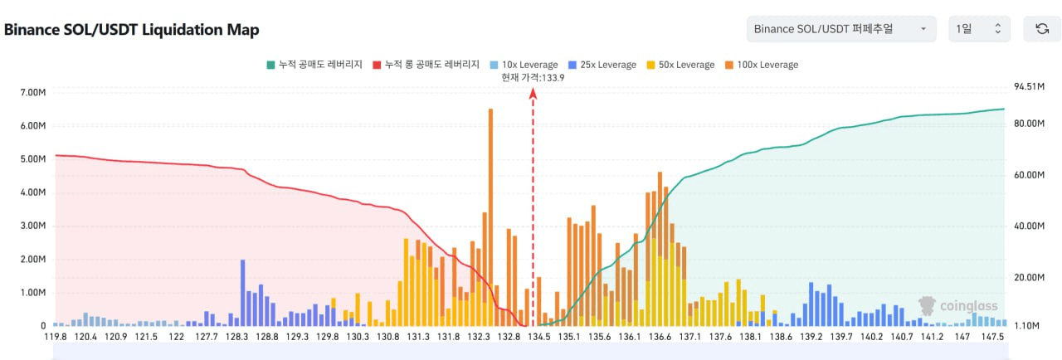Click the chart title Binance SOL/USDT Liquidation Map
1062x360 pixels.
(132, 30)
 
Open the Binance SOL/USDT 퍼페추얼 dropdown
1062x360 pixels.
(840, 29)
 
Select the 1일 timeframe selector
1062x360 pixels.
(979, 29)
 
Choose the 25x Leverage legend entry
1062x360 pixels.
(602, 65)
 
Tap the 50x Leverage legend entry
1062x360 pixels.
(680, 65)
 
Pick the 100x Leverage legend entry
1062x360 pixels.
(761, 65)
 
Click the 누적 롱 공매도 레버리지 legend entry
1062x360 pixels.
(426, 65)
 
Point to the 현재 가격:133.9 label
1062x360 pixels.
(533, 77)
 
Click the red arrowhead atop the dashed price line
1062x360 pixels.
(533, 93)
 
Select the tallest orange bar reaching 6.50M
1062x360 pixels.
(490, 216)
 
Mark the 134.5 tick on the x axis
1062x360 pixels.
(538, 338)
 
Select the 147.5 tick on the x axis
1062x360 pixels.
(992, 338)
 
